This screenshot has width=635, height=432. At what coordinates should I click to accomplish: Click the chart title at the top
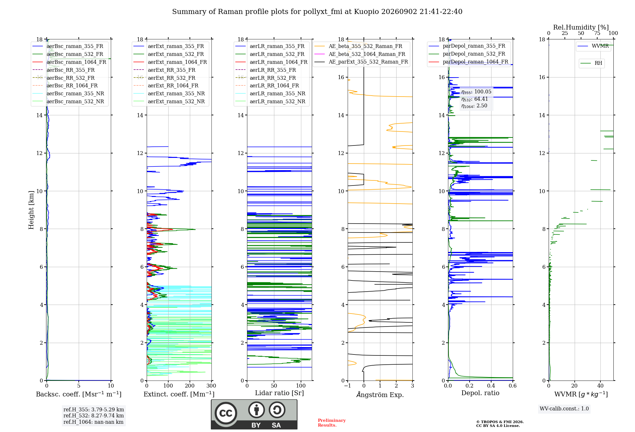(x=317, y=12)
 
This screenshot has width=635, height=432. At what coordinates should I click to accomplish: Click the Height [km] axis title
(x=31, y=210)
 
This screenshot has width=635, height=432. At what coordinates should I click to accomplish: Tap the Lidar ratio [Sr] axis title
(x=279, y=393)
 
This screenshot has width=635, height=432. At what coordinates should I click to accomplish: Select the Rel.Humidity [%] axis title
(x=581, y=27)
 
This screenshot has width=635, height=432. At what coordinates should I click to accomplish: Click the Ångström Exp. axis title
(x=380, y=395)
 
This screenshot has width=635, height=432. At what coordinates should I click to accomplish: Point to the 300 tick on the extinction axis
(x=211, y=386)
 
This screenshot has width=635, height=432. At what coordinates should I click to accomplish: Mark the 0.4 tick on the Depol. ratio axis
(x=491, y=386)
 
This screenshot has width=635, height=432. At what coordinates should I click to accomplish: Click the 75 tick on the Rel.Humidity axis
(x=597, y=33)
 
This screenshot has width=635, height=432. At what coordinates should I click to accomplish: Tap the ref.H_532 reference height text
(x=94, y=415)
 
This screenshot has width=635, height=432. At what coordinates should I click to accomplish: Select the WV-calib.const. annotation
(x=564, y=408)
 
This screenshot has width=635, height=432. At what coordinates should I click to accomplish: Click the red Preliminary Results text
(x=332, y=423)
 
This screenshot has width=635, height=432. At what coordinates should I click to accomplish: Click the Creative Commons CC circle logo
(x=226, y=413)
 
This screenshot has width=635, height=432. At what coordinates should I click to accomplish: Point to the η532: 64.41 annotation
(x=475, y=99)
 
